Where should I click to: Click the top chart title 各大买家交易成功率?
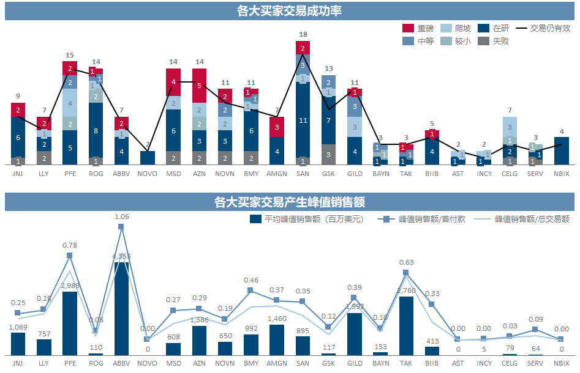pos(290,10)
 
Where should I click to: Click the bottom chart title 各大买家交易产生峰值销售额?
pos(290,202)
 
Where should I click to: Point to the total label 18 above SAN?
pos(303,34)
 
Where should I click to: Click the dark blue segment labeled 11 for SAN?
pos(303,120)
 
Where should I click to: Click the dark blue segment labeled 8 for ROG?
pos(96,130)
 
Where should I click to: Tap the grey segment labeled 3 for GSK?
pos(329,155)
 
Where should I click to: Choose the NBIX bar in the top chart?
pos(562,151)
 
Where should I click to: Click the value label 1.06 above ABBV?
pos(121,216)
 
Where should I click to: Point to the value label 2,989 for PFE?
pos(70,286)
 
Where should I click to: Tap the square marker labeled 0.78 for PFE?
pos(70,255)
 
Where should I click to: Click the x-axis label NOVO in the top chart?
pos(148,174)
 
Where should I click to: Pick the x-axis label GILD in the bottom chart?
pos(355,363)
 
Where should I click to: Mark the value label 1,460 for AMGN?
pos(277,319)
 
